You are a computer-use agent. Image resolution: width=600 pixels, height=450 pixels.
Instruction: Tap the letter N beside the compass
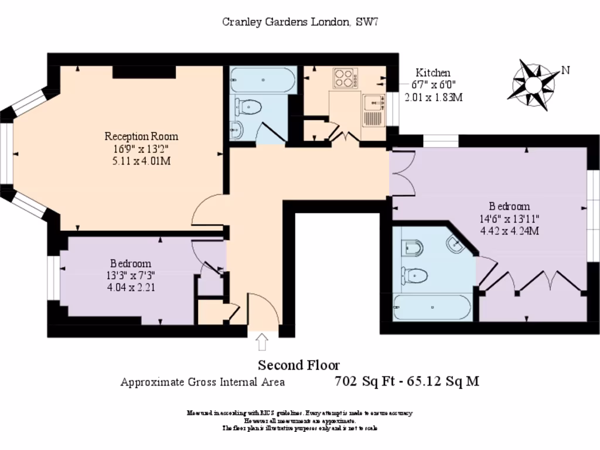point(565,70)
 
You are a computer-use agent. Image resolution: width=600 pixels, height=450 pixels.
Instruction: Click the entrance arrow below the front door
point(262,340)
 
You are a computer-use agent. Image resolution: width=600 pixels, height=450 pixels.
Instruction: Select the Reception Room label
point(141,137)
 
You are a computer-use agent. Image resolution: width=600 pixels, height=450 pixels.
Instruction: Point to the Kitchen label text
point(433,73)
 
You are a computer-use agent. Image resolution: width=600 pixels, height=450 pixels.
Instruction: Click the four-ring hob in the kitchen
point(345,78)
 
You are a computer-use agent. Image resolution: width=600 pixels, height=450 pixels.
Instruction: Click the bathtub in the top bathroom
point(260,80)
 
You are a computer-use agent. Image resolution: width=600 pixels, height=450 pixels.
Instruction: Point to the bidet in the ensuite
point(412,248)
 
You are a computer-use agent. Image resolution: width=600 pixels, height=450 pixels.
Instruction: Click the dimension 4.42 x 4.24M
point(509,230)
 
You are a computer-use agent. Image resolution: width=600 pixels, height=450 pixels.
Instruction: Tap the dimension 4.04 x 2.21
point(131,287)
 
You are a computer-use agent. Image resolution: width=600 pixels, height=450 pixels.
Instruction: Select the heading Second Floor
point(299,366)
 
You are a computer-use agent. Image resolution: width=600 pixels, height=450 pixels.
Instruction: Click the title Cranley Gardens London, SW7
point(303,22)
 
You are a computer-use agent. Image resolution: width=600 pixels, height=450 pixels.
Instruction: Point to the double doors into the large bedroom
point(404,173)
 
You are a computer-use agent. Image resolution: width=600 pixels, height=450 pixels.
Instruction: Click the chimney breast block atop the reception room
point(144,72)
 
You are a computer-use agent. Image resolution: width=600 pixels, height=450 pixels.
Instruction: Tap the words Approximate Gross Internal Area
point(203,382)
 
